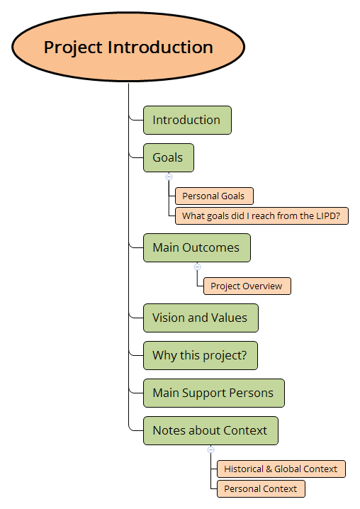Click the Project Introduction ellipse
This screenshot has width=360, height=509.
tap(128, 47)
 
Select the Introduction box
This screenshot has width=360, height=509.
tap(187, 120)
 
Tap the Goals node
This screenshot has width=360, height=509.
tap(168, 157)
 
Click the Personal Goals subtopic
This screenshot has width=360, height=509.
tap(214, 196)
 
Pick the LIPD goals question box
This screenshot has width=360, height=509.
tap(261, 216)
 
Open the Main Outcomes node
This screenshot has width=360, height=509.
tap(196, 248)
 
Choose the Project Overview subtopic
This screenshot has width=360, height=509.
tap(247, 286)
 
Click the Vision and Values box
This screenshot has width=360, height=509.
tap(200, 318)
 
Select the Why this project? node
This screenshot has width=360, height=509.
tap(200, 355)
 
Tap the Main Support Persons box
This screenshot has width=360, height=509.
tap(213, 393)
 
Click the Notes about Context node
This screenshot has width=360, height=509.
tap(210, 430)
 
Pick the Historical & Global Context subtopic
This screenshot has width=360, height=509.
tap(281, 469)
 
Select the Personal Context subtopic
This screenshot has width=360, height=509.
tap(261, 488)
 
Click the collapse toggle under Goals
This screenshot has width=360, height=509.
tap(169, 176)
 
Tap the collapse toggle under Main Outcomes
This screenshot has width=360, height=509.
tap(197, 267)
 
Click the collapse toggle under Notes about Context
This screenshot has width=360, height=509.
tap(210, 449)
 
